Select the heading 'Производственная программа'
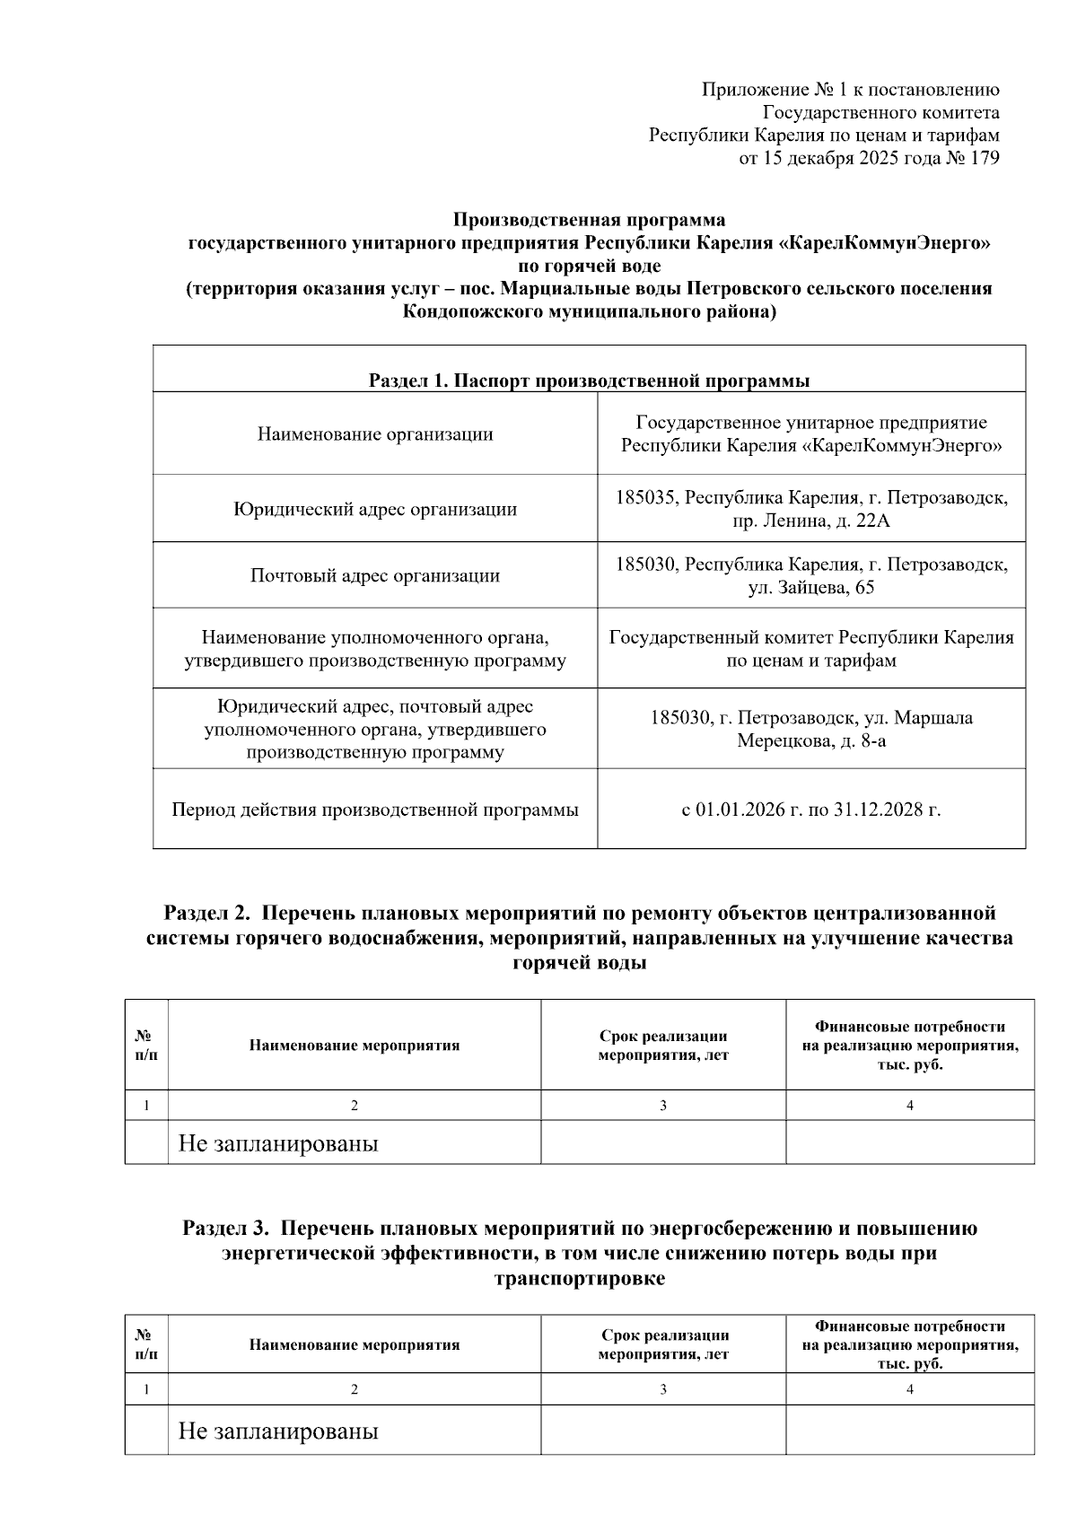(x=589, y=220)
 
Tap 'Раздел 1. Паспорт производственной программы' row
(x=589, y=381)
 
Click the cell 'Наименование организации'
(x=375, y=434)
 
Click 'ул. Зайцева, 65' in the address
(x=811, y=588)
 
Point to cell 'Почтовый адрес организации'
(x=375, y=575)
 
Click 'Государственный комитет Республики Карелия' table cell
(x=811, y=637)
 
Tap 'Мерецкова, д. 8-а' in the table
(x=811, y=740)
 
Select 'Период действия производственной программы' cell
(x=375, y=810)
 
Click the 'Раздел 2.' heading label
(x=206, y=913)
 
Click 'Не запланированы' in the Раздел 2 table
(x=278, y=1143)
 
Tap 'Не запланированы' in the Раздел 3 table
(x=278, y=1431)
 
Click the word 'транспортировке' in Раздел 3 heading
(x=580, y=1279)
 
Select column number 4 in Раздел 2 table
(x=909, y=1106)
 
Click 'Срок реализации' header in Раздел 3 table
(x=664, y=1335)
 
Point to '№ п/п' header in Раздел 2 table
(x=146, y=1045)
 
